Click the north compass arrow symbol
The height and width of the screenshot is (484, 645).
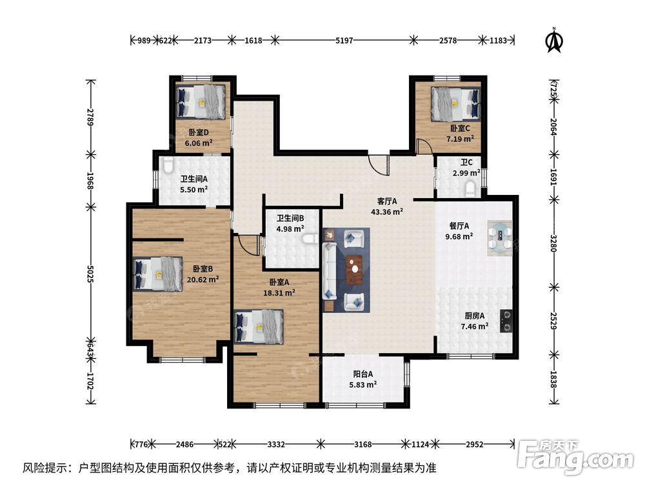pos(554,40)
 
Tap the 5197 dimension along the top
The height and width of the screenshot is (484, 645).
pos(344,40)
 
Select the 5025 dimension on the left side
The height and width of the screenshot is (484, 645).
pos(90,274)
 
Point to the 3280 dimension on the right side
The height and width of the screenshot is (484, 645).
pos(553,243)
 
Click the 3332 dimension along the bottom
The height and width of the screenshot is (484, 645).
pos(275,445)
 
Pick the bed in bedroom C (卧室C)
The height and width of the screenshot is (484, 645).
pos(456,104)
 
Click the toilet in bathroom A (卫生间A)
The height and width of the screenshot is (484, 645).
pos(168,165)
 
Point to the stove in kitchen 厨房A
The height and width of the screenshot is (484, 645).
pos(506,321)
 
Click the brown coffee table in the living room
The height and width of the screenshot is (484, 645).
pos(354,270)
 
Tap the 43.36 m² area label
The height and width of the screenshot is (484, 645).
pos(386,212)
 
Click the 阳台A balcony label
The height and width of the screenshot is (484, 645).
pos(362,374)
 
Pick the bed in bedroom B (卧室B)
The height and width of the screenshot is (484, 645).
pos(158,274)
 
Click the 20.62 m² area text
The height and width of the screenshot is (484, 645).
pos(203,279)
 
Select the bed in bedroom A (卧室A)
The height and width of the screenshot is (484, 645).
pos(259,327)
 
